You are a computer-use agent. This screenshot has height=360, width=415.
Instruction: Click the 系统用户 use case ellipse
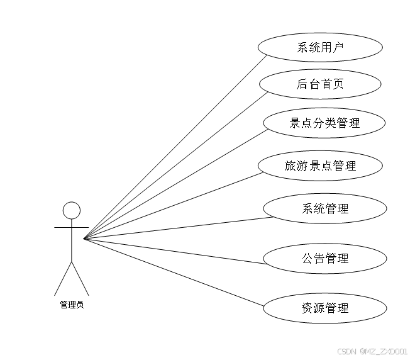(320, 47)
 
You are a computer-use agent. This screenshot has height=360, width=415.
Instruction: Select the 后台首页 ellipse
(320, 84)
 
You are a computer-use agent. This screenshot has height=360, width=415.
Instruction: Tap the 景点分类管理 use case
(324, 123)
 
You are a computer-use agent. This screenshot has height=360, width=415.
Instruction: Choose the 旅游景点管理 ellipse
(320, 166)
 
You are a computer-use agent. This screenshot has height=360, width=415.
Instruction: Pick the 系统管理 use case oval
(324, 208)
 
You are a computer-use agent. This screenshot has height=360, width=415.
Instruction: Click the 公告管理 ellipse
(324, 258)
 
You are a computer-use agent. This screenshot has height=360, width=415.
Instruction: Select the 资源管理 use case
(324, 308)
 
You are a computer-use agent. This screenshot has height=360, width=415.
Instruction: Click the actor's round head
(72, 210)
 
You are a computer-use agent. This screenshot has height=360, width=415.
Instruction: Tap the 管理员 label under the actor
(72, 305)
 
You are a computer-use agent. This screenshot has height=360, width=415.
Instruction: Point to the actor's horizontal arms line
(63, 227)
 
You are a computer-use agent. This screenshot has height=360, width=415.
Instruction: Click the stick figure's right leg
(80, 279)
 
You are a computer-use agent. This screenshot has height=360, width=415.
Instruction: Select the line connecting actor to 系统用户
(176, 147)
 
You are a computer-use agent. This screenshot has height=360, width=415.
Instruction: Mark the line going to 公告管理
(176, 251)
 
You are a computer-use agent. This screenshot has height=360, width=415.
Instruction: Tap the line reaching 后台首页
(176, 166)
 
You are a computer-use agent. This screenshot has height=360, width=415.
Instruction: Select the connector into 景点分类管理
(176, 184)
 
